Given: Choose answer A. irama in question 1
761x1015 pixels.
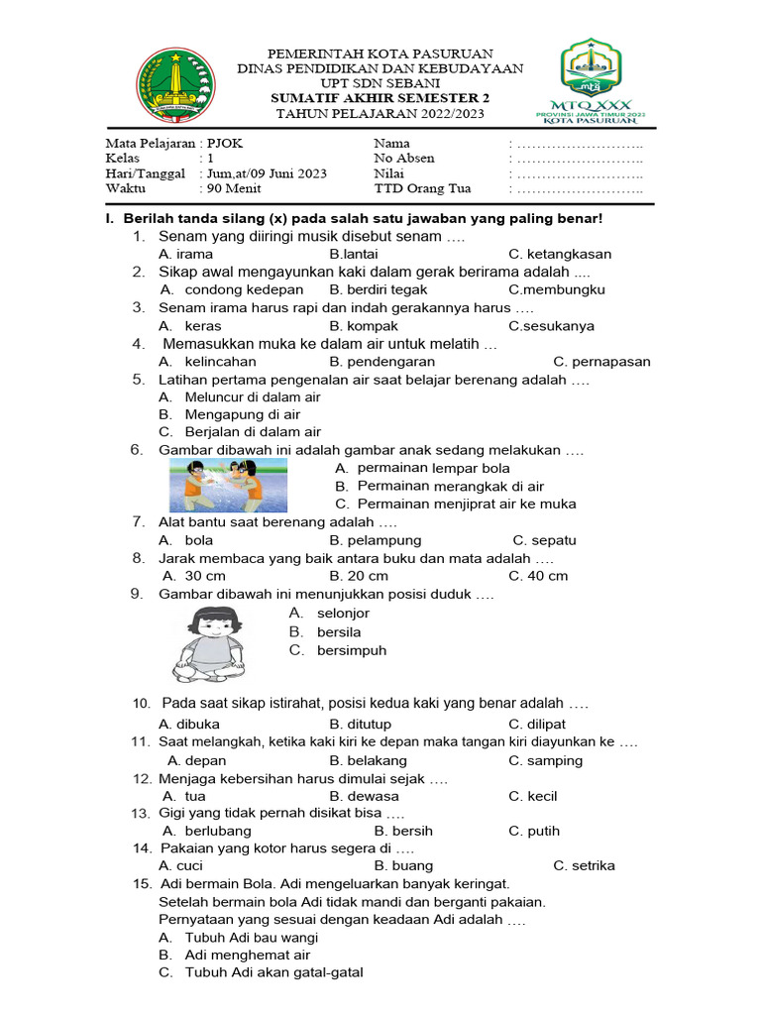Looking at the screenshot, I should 185,254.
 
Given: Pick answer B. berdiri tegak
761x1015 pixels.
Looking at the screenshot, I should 379,289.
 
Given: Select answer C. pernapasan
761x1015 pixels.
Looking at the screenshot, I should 601,362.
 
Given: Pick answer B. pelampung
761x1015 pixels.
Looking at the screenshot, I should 376,540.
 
